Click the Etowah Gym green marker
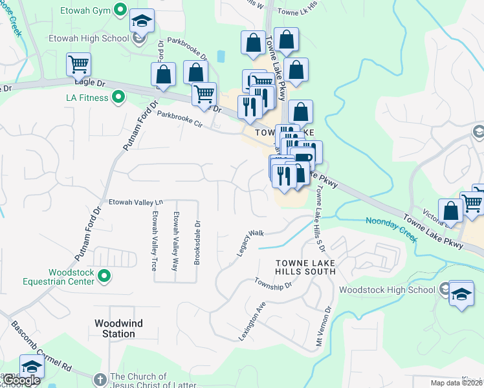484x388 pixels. (120, 9)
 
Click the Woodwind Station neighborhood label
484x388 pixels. (115, 329)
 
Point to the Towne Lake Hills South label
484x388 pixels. (305, 267)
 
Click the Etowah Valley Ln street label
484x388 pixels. (135, 202)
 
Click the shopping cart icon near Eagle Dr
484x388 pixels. (78, 63)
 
